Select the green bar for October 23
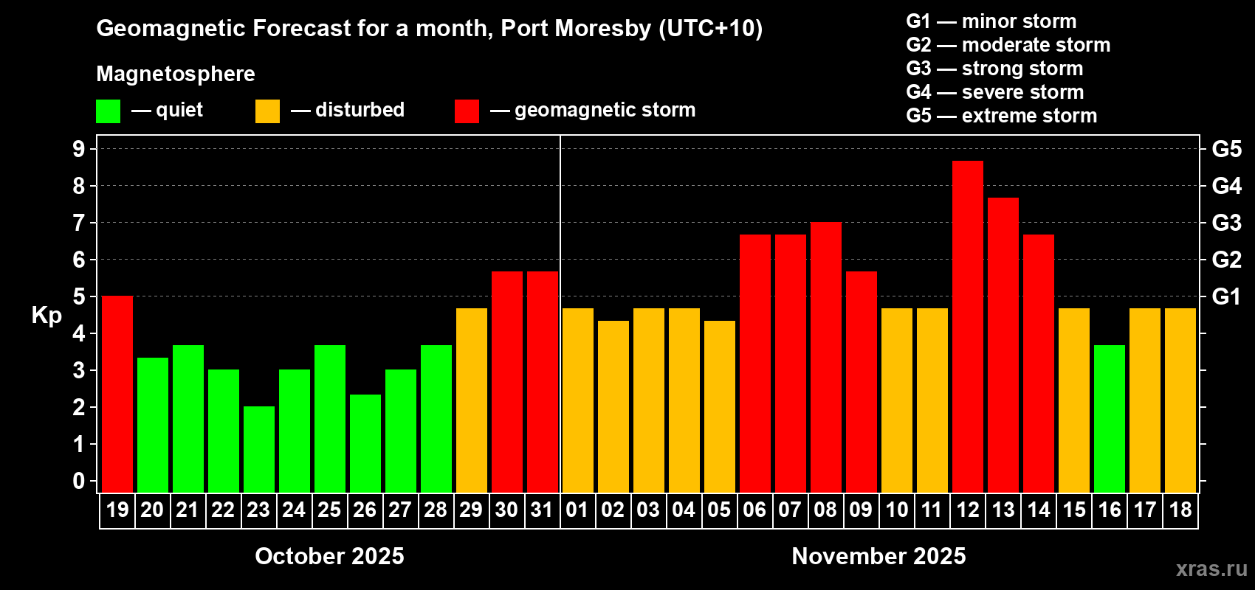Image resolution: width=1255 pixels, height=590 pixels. (x=258, y=449)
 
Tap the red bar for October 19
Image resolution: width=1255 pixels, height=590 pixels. (x=117, y=394)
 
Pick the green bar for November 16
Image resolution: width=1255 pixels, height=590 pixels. (x=1109, y=418)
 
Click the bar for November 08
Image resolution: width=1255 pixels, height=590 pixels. (x=825, y=357)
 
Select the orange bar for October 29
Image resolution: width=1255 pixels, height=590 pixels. (x=471, y=400)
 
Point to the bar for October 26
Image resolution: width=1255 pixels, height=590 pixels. (x=365, y=443)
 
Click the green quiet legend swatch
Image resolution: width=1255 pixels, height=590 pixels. (x=108, y=111)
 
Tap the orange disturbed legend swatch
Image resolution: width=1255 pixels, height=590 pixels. (x=267, y=111)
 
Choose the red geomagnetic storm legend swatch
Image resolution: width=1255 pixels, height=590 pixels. (x=467, y=111)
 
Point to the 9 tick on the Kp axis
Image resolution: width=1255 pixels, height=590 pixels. (x=79, y=149)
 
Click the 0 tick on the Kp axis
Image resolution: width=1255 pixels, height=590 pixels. (x=79, y=481)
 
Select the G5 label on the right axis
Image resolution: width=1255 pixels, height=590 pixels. (x=1226, y=149)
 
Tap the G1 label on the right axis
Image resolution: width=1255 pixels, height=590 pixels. (x=1226, y=296)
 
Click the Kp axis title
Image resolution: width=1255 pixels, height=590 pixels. (x=47, y=316)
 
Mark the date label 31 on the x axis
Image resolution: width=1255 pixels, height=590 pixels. (x=542, y=510)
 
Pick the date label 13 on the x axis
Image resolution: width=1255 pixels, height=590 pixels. (x=1003, y=510)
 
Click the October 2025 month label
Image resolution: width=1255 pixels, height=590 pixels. (x=329, y=556)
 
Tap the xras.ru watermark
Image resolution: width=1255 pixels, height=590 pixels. (x=1211, y=569)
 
